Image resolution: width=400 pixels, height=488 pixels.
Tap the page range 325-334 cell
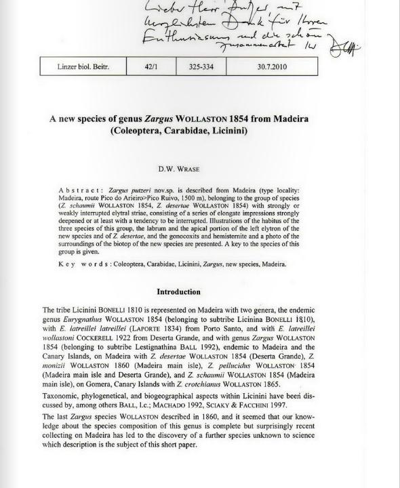click(x=201, y=66)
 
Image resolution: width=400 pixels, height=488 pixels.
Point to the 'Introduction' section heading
click(x=178, y=292)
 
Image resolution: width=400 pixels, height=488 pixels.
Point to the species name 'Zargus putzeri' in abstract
click(x=130, y=184)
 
